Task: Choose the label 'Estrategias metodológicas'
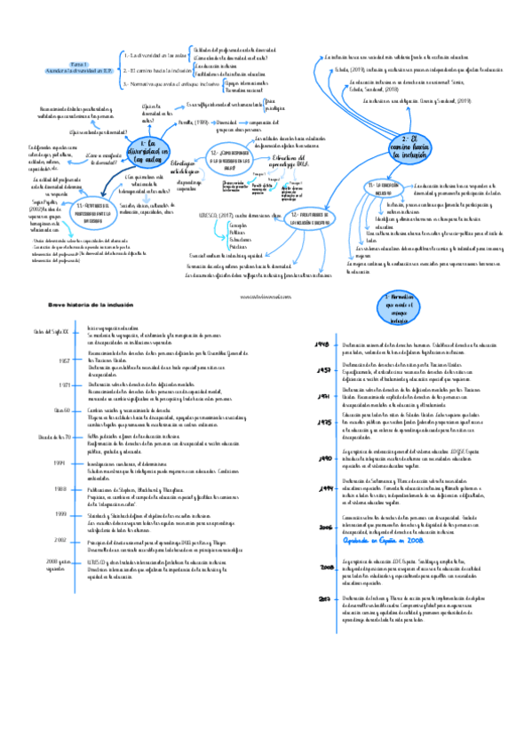tap(180, 165)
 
